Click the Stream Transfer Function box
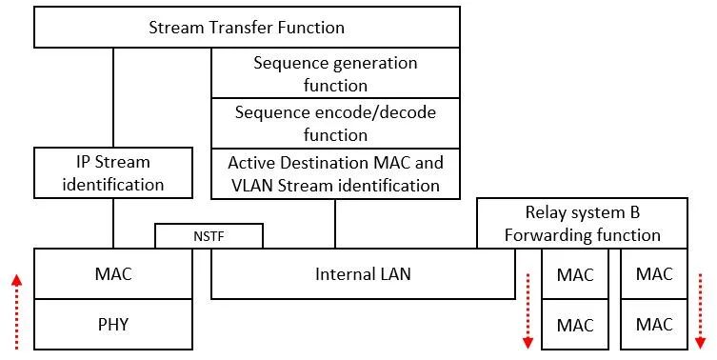tap(247, 27)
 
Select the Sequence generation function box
tap(335, 73)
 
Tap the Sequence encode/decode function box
tap(335, 124)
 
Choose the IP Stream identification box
tap(113, 172)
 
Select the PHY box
tap(113, 324)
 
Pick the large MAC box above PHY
tap(113, 274)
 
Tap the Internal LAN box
tap(362, 274)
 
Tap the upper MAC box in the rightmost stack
tap(653, 274)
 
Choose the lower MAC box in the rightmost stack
tap(653, 324)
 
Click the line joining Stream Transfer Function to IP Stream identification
tap(113, 97)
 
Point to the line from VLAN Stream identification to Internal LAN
tap(335, 224)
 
